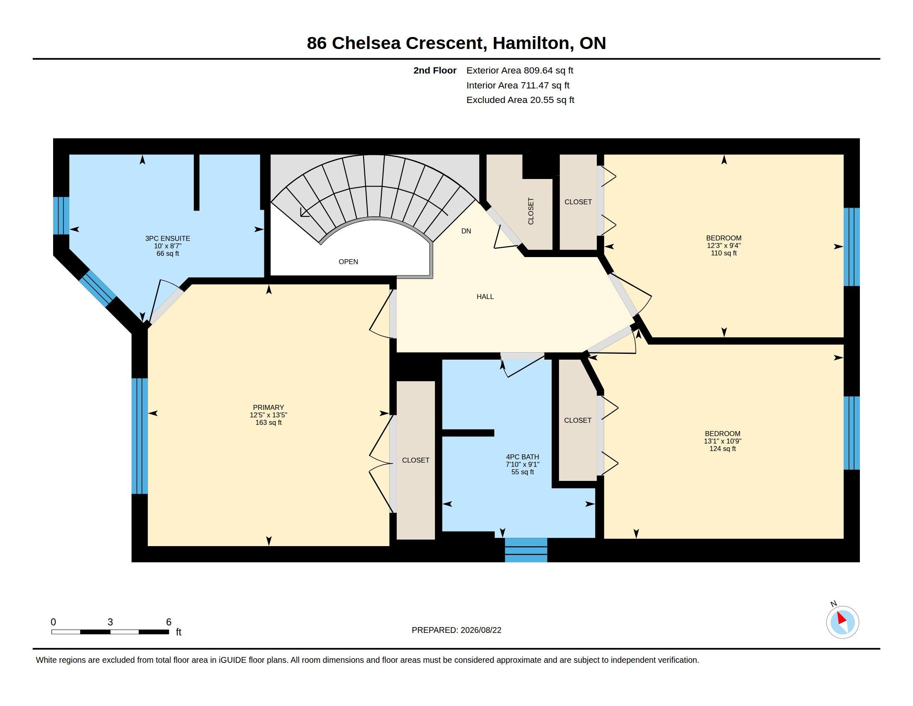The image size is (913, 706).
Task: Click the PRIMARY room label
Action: coord(269,407)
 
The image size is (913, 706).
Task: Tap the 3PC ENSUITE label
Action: coord(168,238)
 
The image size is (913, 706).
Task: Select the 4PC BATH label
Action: coord(522,457)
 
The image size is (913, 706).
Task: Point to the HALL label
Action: coord(485,297)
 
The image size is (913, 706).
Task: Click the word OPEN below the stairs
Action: coord(348,262)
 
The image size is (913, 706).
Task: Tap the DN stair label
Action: coord(466,231)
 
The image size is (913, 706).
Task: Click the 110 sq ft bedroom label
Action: coord(724,245)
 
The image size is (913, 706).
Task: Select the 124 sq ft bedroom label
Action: coord(723,441)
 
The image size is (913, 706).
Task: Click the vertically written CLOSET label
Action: coord(531,211)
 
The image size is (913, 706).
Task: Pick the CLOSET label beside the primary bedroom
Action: coord(415,460)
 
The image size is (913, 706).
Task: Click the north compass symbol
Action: coord(842,622)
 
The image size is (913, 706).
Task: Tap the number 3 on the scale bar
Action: coord(110,622)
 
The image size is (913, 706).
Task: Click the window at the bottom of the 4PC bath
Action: coord(526,550)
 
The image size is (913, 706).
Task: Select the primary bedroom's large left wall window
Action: coord(139,436)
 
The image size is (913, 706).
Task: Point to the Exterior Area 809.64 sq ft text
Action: coord(520,71)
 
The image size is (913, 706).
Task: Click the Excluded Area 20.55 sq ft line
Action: coord(520,100)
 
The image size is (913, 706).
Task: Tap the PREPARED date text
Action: coord(456,630)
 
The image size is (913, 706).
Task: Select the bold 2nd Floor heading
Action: coord(435,71)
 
